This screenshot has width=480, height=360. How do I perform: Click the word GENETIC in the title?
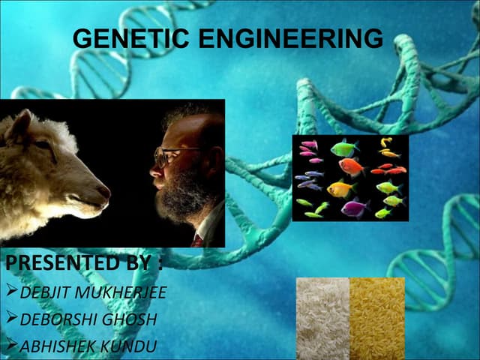click(127, 38)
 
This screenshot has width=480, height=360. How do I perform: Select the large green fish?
click(344, 148)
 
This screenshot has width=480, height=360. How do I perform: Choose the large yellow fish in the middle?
click(341, 188)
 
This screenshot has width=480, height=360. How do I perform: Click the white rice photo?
click(322, 318)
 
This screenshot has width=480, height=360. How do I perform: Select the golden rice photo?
click(377, 318)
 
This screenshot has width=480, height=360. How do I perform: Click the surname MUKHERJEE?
click(120, 292)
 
